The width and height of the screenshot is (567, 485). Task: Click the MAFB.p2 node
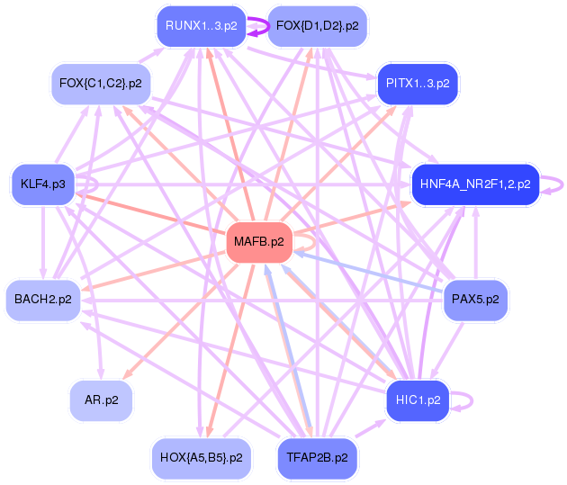point(258,241)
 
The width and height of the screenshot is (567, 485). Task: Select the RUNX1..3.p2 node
point(202,25)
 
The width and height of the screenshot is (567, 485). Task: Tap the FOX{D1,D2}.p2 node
point(317,25)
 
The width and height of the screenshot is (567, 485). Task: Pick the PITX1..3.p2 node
point(418,83)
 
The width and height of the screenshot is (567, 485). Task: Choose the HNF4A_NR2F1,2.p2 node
point(474,184)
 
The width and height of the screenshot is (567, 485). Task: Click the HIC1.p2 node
point(418,400)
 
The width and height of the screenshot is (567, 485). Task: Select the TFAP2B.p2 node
point(317,457)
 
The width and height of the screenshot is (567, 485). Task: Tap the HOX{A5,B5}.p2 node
point(201,457)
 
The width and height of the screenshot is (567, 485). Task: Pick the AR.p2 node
point(101,400)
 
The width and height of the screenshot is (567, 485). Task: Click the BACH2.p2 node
point(43,299)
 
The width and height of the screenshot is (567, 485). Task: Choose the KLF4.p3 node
point(43,184)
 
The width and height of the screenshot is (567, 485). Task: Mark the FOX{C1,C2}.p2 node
point(100,83)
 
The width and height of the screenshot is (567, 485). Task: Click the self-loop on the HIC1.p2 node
point(468,400)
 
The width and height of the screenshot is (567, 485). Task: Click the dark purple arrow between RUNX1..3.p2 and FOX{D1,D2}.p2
point(257,26)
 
